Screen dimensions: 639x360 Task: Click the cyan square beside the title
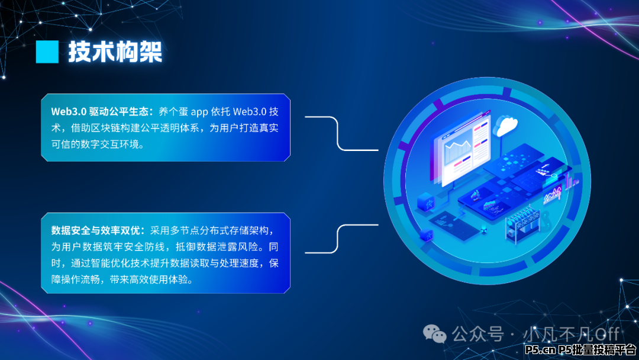(47, 52)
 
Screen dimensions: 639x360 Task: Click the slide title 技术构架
(115, 52)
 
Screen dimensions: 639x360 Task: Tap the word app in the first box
(199, 112)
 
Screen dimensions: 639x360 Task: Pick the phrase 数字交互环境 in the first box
(110, 144)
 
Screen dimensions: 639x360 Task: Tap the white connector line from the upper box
(337, 133)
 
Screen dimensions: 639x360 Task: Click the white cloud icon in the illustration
(505, 126)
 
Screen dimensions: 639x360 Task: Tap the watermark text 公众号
(477, 335)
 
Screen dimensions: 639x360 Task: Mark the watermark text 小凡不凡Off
(571, 335)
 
